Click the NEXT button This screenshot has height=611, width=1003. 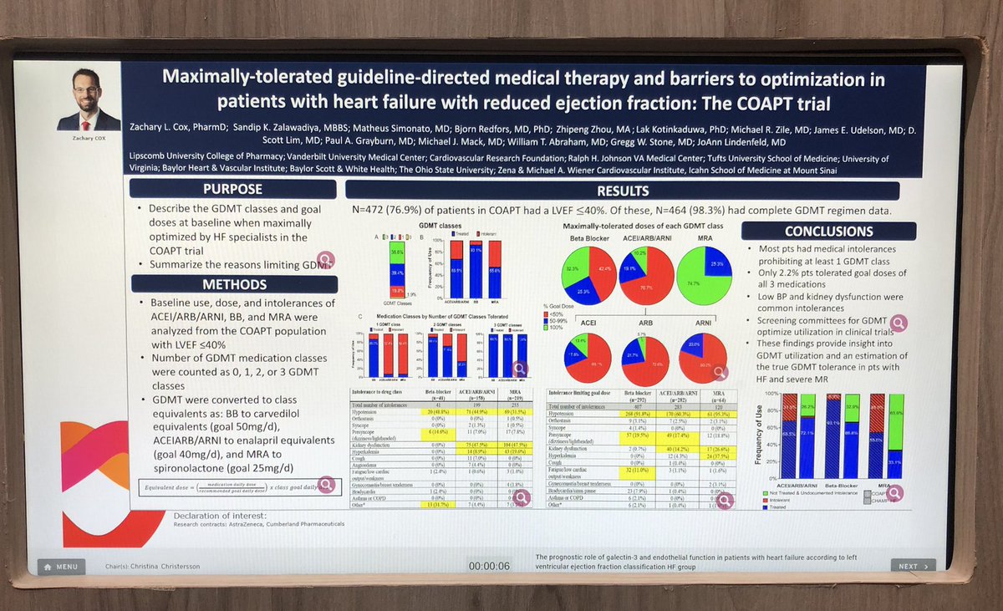[x=913, y=566]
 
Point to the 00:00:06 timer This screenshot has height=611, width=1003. [x=489, y=566]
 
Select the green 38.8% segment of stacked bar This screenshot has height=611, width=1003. [x=398, y=251]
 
